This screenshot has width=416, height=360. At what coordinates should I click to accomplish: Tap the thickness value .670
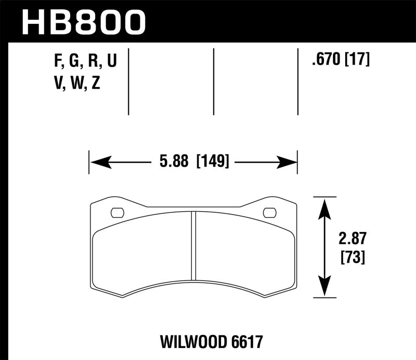tap(324, 61)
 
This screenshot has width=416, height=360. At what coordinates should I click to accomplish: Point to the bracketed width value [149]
tap(212, 162)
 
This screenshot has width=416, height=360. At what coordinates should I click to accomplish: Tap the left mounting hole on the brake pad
tap(118, 212)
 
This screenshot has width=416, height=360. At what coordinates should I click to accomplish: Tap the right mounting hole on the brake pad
tap(270, 212)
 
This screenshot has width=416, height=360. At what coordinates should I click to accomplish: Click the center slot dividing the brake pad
tap(193, 245)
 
